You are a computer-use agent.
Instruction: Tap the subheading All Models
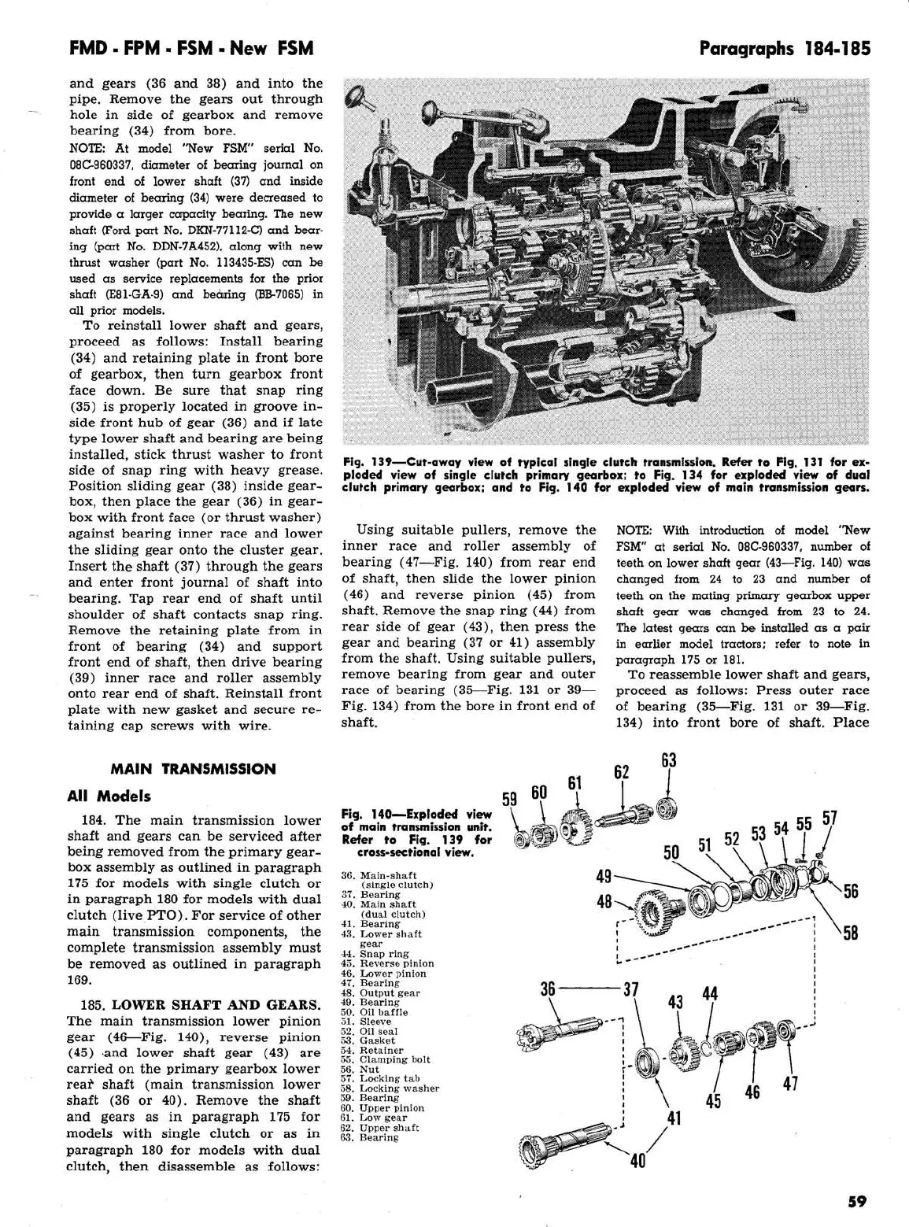109,796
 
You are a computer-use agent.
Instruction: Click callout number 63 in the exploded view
668,760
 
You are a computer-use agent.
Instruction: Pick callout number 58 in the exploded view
850,933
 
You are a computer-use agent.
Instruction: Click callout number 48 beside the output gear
604,902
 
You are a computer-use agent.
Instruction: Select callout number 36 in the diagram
548,989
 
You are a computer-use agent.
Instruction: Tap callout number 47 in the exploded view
790,1084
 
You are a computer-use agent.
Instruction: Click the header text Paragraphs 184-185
785,49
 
